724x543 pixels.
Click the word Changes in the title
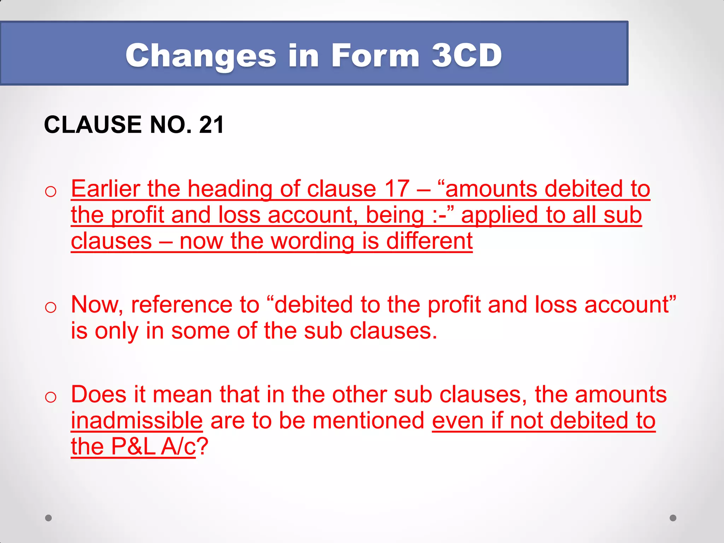tap(200, 56)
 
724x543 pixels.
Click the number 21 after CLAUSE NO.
tap(211, 125)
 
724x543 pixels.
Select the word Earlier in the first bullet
tap(105, 189)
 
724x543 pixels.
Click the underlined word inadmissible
tap(137, 421)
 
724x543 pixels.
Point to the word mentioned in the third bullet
tap(368, 421)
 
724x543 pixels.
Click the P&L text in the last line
tap(133, 447)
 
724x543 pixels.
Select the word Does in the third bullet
tap(99, 395)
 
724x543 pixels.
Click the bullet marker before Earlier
tap(51, 192)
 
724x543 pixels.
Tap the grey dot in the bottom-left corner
tap(48, 518)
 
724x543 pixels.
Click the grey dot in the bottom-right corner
tap(673, 518)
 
